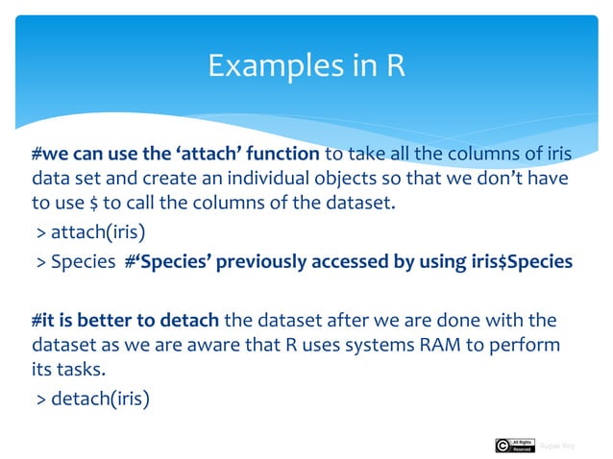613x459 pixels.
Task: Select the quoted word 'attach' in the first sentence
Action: tap(194, 155)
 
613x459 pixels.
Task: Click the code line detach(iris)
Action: tap(92, 397)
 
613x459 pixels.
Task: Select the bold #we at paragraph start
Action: tap(49, 155)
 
